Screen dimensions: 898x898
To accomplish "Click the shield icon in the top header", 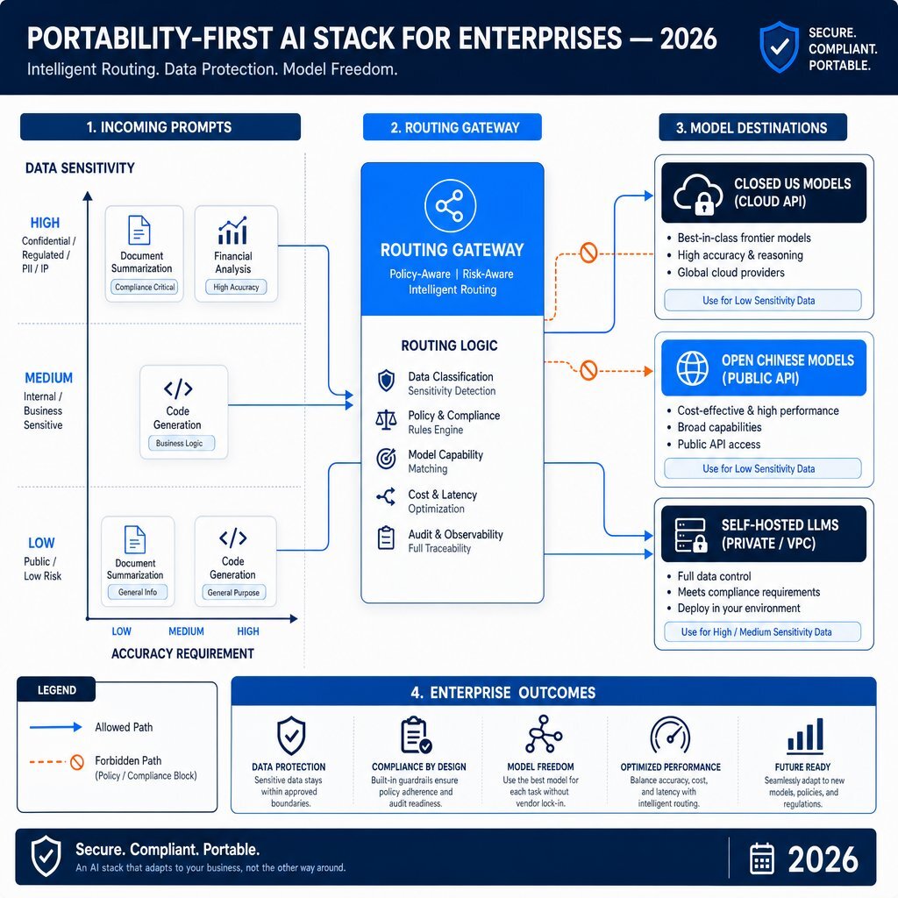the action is click(x=779, y=47).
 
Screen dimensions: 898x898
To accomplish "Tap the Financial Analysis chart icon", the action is click(x=232, y=231).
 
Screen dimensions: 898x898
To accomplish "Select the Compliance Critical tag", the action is click(x=145, y=287).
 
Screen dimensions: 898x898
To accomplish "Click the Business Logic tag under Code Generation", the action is click(x=179, y=443).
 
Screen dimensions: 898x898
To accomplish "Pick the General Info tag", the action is click(x=138, y=592).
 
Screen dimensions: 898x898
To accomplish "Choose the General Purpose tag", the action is click(x=233, y=593).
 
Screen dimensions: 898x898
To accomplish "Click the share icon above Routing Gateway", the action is click(x=450, y=205).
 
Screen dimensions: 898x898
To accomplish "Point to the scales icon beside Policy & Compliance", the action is click(x=386, y=420).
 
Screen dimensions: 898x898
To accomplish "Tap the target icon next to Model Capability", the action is click(x=386, y=459).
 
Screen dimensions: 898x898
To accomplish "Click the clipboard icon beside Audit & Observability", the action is click(x=386, y=538).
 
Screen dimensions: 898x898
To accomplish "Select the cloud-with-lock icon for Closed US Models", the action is click(x=697, y=194).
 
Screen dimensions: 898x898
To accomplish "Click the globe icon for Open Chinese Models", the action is click(x=692, y=367).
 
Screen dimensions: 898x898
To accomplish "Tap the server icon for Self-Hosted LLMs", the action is click(x=691, y=535).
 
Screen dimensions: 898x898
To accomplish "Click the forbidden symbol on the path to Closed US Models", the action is click(x=588, y=252).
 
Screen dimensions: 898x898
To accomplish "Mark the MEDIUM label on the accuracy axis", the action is click(x=186, y=631).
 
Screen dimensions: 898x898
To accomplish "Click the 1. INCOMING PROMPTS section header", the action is click(x=160, y=127).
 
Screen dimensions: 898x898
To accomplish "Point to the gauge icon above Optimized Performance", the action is click(x=670, y=736).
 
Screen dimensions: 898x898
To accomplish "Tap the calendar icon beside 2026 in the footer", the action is click(x=762, y=858).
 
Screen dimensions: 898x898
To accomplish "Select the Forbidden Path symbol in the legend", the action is click(x=77, y=762).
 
